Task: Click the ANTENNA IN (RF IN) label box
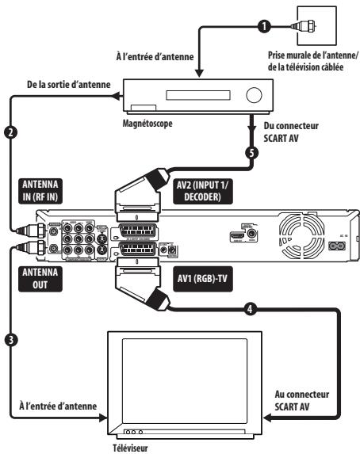pyautogui.click(x=37, y=191)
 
